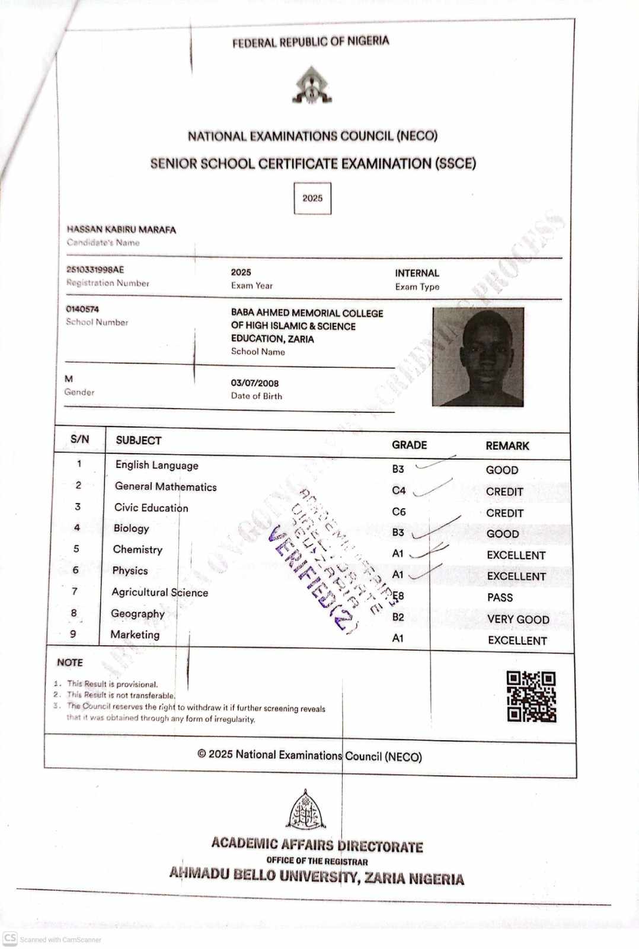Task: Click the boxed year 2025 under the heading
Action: tap(312, 198)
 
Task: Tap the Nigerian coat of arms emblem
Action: tap(311, 85)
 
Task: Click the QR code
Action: tap(531, 696)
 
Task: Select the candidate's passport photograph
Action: tap(478, 357)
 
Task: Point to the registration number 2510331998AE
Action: tap(95, 270)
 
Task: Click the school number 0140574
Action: tap(82, 309)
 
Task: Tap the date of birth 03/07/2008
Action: tap(254, 383)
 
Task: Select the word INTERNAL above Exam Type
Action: tap(417, 273)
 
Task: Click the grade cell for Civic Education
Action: tap(399, 511)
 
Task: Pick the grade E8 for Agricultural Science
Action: tap(398, 595)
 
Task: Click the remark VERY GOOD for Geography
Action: tap(518, 619)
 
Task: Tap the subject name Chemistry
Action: tap(138, 549)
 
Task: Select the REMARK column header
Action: tap(507, 445)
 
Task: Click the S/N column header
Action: tap(79, 439)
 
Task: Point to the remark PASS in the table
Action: tap(500, 597)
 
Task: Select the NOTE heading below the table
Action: tap(70, 662)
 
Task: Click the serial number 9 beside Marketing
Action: tap(73, 633)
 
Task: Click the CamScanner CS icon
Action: tap(10, 938)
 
